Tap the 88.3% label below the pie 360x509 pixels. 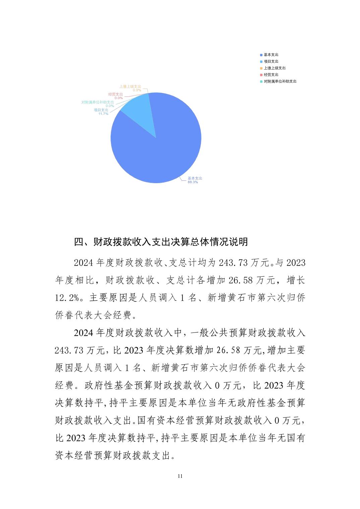pyautogui.click(x=193, y=182)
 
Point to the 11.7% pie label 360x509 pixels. pyautogui.click(x=103, y=114)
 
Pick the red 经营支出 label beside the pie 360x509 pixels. pyautogui.click(x=115, y=94)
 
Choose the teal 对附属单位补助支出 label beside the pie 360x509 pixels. pyautogui.click(x=98, y=102)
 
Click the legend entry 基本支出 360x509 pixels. pyautogui.click(x=271, y=55)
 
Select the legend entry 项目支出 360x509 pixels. pyautogui.click(x=271, y=61)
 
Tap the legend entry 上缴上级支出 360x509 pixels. pyautogui.click(x=275, y=68)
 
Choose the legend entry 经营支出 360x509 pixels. pyautogui.click(x=271, y=75)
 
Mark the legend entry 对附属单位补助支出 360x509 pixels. pyautogui.click(x=280, y=81)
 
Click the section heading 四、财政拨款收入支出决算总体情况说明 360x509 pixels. pyautogui.click(x=161, y=242)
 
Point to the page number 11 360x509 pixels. pyautogui.click(x=180, y=476)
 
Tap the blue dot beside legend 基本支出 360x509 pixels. pyautogui.click(x=261, y=55)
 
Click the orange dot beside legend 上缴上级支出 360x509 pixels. pyautogui.click(x=261, y=68)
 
